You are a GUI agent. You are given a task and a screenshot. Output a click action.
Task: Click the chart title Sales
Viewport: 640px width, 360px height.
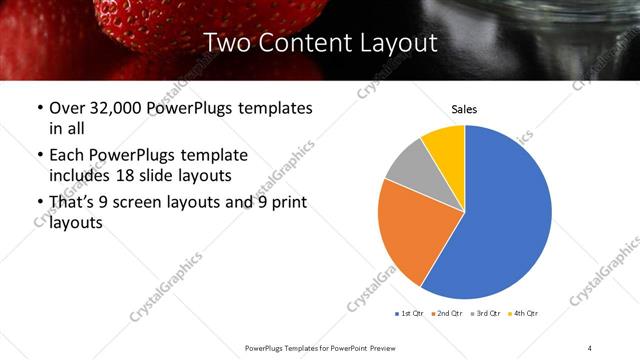click(464, 108)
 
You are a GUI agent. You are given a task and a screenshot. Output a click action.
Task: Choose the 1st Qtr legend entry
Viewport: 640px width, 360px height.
click(410, 314)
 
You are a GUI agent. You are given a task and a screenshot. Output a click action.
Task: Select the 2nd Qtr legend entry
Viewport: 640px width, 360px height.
click(445, 314)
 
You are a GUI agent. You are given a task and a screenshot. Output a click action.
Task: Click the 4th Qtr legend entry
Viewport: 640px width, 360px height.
click(523, 314)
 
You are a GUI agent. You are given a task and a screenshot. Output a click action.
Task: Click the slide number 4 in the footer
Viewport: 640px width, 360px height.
click(589, 347)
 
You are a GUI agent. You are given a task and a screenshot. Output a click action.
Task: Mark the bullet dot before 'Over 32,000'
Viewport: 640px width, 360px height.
click(38, 108)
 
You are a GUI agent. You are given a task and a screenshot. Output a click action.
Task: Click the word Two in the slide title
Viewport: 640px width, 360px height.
click(226, 43)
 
